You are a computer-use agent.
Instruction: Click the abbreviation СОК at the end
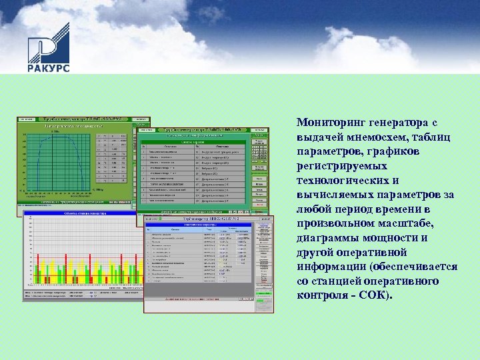373,295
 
